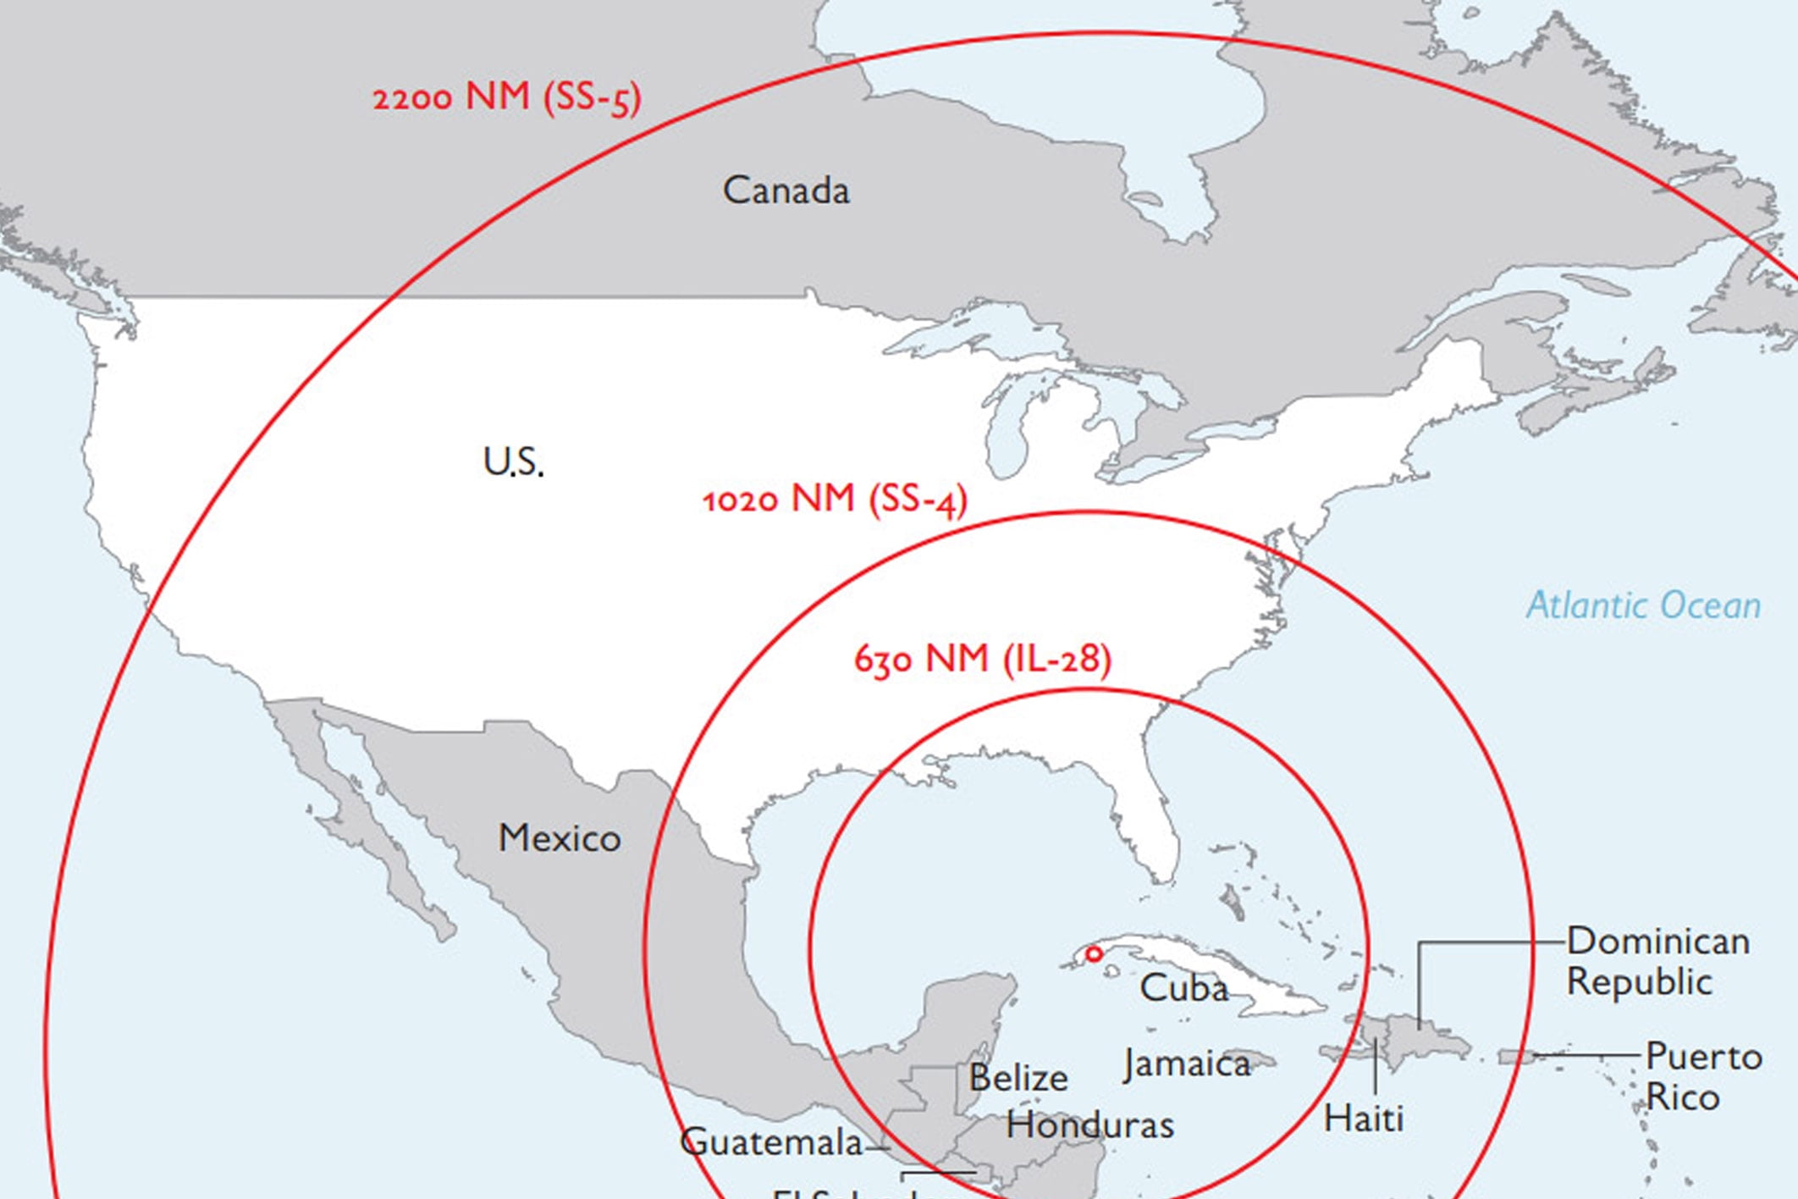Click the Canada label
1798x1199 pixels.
(786, 191)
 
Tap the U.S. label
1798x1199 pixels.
(513, 462)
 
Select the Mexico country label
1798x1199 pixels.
(559, 838)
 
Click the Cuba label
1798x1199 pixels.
(1183, 988)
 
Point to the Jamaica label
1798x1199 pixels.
(1187, 1064)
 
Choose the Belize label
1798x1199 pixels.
(1018, 1078)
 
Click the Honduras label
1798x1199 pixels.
(1089, 1125)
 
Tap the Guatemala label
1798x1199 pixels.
(771, 1142)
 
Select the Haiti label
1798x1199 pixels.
(1363, 1119)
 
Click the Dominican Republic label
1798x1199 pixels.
(1657, 962)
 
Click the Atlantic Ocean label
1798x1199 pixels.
(1643, 606)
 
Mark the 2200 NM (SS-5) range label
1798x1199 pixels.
(507, 97)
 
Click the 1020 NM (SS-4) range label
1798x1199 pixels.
(835, 500)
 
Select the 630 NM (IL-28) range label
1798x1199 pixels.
(982, 659)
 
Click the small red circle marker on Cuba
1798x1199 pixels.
(1094, 954)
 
